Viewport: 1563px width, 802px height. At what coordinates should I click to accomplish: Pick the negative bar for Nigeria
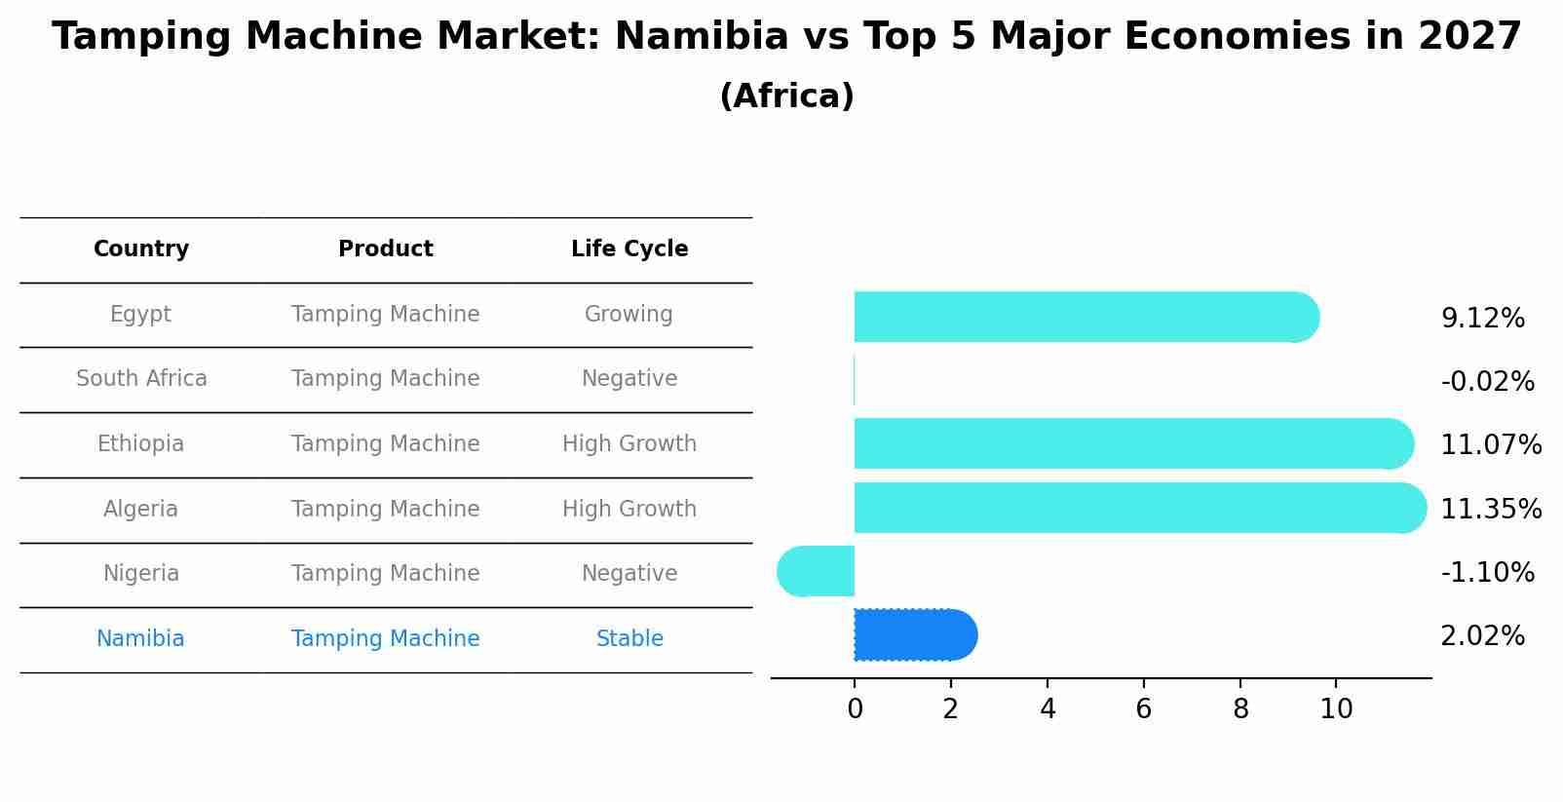(x=817, y=571)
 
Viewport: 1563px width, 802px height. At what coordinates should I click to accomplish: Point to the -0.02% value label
(x=1487, y=382)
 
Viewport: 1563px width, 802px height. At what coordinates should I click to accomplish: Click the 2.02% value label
(x=1482, y=636)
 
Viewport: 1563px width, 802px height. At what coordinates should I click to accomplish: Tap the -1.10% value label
(x=1487, y=572)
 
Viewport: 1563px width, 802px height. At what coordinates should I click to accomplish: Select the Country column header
(x=141, y=249)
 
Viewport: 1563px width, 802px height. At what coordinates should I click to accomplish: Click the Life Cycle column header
(x=629, y=249)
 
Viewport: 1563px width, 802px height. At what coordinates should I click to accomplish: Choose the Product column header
(x=385, y=249)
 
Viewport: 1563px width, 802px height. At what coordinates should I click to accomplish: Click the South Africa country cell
(x=141, y=378)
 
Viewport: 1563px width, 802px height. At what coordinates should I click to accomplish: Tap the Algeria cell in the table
(x=141, y=509)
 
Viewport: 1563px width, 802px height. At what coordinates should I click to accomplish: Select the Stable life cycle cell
(x=629, y=638)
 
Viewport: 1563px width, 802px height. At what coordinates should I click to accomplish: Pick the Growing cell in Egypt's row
(x=629, y=314)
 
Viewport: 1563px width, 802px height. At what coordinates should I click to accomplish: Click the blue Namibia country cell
(x=140, y=638)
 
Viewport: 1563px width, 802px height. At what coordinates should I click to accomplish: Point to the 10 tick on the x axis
(x=1336, y=709)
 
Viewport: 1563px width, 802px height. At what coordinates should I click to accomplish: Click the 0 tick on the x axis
(x=855, y=709)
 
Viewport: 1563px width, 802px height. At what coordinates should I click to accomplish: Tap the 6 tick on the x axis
(x=1144, y=709)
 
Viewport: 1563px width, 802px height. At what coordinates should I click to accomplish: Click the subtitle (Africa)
(x=786, y=96)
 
